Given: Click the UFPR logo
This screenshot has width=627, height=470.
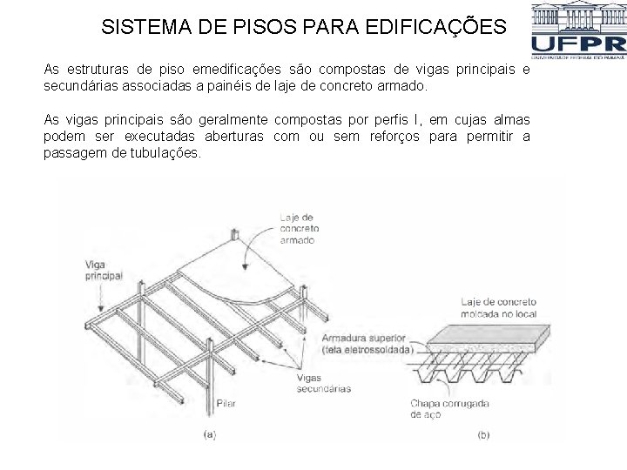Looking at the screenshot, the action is click(x=577, y=31).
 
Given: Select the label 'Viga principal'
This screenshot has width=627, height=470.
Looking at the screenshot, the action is click(x=104, y=269).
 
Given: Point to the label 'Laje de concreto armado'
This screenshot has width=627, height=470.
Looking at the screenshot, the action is click(x=298, y=228).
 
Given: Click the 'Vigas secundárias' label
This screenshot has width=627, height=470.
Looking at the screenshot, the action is click(x=323, y=383).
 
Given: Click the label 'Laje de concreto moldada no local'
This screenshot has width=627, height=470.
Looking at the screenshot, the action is click(x=498, y=307).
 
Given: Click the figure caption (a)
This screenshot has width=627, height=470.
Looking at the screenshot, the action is click(x=209, y=433).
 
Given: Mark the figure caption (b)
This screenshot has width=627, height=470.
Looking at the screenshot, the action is click(x=483, y=433).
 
